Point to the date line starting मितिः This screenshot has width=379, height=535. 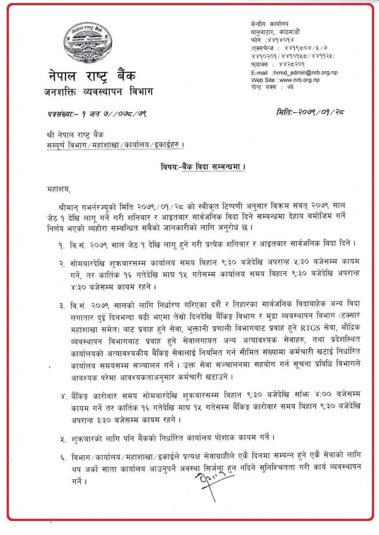click(x=311, y=112)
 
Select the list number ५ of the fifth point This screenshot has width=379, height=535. click(x=62, y=436)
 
